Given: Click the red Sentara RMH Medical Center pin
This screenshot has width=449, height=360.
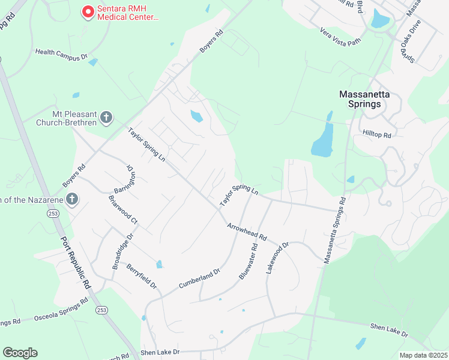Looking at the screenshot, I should [x=88, y=12].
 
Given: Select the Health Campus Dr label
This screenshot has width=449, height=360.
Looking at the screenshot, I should [x=62, y=54].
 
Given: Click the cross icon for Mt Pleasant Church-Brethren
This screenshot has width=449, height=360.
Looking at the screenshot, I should [x=106, y=117].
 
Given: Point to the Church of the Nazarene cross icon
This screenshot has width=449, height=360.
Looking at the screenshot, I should [x=71, y=199].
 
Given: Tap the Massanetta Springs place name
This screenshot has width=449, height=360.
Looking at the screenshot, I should [x=360, y=99].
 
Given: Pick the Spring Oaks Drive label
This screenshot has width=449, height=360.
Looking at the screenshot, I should [x=411, y=41].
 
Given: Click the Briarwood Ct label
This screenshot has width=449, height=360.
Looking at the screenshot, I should [x=123, y=209].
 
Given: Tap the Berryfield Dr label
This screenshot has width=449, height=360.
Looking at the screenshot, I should [x=141, y=276].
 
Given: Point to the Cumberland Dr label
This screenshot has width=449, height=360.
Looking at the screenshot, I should [x=199, y=280].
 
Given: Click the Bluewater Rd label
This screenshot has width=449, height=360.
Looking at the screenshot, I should [x=248, y=261].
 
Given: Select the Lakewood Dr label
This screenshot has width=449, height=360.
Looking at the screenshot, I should [x=278, y=258].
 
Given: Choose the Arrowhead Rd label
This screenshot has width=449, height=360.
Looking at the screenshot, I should [x=247, y=233].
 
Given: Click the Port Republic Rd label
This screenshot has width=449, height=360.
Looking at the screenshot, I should [x=75, y=262].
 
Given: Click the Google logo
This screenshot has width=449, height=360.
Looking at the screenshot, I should [x=20, y=353].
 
